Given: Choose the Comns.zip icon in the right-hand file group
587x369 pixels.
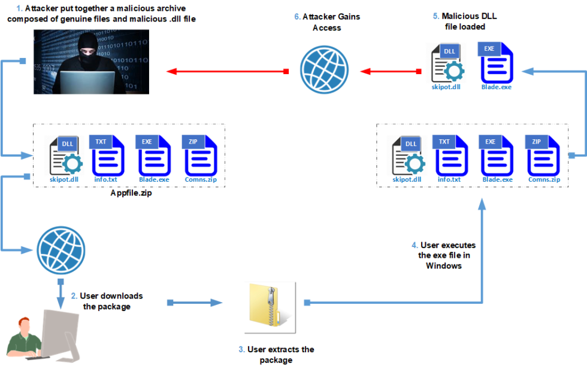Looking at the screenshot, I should tap(544, 157).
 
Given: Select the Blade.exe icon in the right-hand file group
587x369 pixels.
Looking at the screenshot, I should tap(497, 157).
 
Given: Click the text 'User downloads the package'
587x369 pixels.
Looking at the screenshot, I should tap(107, 301).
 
